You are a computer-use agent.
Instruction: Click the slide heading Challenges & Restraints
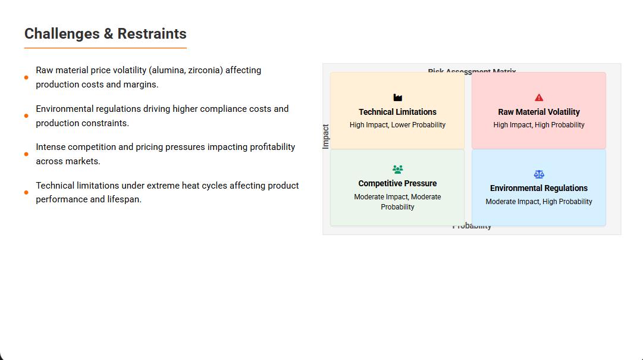coord(105,34)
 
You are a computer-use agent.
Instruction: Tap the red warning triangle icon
coord(539,98)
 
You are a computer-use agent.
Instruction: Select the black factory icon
coord(398,98)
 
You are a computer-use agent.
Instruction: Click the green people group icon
coord(398,170)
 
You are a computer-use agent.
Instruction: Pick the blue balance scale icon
coord(539,174)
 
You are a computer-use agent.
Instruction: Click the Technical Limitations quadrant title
coord(397,112)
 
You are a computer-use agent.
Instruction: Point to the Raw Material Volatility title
coord(539,112)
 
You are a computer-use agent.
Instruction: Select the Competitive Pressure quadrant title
coord(397,183)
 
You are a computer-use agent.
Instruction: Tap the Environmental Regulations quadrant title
coord(539,188)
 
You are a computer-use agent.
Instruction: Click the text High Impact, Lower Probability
coord(397,125)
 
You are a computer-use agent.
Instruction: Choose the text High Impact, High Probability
coord(539,125)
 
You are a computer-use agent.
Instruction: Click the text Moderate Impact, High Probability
coord(539,202)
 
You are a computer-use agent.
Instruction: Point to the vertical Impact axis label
coord(326,136)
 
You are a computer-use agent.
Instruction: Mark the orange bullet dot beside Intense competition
coord(26,154)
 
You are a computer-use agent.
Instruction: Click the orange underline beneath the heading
coord(105,48)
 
